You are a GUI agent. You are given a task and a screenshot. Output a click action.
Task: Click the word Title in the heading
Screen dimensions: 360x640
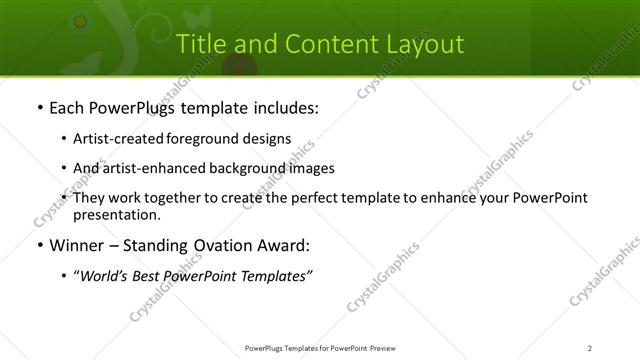(199, 44)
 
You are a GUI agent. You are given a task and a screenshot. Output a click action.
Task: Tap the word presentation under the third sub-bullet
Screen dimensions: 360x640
(116, 214)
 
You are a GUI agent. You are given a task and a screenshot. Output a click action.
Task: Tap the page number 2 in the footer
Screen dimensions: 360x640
(590, 348)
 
